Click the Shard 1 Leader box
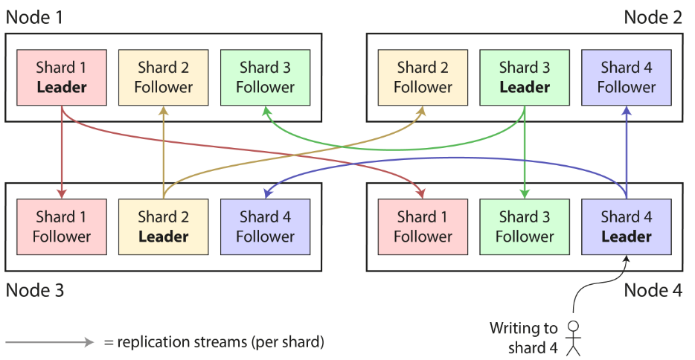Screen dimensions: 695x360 [x=62, y=77]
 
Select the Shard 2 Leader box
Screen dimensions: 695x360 [x=164, y=227]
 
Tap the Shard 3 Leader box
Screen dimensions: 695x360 [x=525, y=77]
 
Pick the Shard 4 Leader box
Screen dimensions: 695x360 [x=627, y=227]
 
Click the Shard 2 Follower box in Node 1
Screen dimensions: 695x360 [x=164, y=77]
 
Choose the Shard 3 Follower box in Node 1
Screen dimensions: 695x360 [x=266, y=77]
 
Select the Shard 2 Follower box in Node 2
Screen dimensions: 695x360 [x=423, y=77]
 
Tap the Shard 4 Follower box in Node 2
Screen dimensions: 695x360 [x=627, y=77]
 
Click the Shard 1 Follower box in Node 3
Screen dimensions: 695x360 [x=62, y=227]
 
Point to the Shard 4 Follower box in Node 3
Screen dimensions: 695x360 [x=266, y=227]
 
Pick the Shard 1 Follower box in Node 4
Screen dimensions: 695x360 [x=423, y=227]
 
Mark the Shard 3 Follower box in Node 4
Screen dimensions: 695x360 [x=525, y=227]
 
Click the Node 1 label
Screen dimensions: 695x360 [x=34, y=17]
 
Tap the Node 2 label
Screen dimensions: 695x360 [x=653, y=17]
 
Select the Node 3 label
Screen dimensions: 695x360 [x=34, y=291]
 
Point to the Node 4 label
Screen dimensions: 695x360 [x=653, y=291]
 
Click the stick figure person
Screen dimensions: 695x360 [x=574, y=338]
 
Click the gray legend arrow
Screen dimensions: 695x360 [x=50, y=342]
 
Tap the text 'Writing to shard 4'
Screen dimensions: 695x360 [x=523, y=338]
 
